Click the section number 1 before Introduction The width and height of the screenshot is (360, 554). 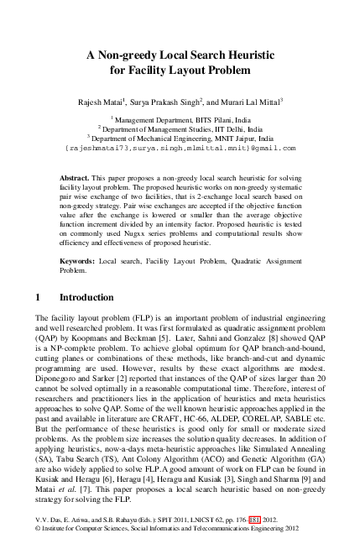pos(39,298)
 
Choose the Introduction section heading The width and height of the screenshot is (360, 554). pos(86,298)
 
